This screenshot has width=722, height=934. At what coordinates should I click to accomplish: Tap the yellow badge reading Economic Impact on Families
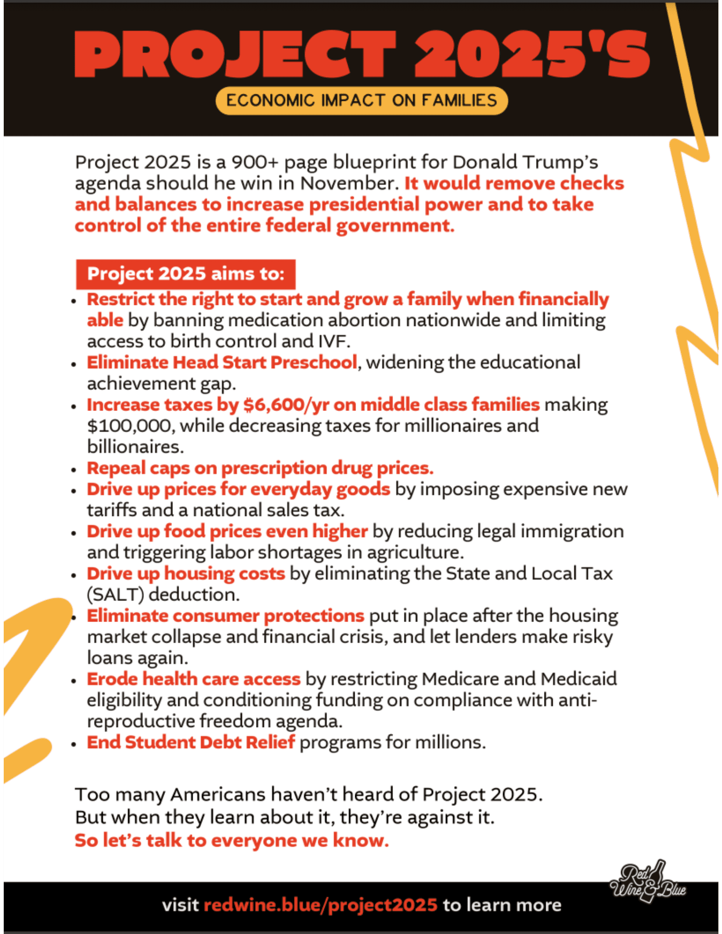coord(362,100)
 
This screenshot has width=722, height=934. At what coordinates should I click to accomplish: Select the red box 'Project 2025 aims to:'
coord(186,274)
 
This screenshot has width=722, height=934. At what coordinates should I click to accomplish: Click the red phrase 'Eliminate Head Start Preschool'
coord(222,362)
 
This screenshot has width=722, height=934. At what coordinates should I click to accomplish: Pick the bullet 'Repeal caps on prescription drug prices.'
coord(260,468)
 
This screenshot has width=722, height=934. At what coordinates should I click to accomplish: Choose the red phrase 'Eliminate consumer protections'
coord(225,616)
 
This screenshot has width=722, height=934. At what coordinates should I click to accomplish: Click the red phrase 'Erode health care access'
coord(193,679)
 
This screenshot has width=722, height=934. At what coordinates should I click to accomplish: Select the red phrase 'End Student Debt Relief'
coord(191,743)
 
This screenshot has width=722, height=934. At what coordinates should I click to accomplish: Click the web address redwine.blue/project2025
coord(321,905)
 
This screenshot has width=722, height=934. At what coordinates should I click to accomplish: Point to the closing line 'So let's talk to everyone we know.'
coord(232,841)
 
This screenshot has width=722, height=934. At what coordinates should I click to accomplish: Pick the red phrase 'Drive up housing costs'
coord(186,573)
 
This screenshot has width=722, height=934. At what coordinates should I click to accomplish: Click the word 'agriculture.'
coord(415,552)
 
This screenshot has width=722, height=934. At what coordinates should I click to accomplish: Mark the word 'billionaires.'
coord(135,447)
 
